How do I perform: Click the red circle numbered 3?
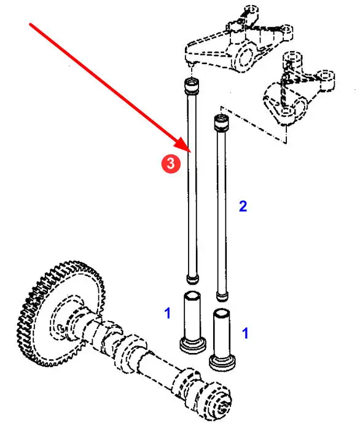point(171,164)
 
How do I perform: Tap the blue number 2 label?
point(243,207)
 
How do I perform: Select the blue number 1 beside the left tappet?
point(168,313)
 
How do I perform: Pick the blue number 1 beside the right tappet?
point(246,333)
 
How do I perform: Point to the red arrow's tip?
point(190,152)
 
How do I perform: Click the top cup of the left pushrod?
point(192,85)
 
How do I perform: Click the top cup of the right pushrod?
point(222,122)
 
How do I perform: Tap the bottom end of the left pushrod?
point(192,279)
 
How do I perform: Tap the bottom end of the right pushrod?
point(222,296)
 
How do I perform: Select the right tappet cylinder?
point(222,333)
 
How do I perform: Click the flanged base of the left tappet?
point(193,346)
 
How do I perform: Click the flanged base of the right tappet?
point(222,362)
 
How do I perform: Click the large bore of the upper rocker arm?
point(246,57)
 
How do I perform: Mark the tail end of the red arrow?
point(30,24)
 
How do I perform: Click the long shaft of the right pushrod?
point(222,210)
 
